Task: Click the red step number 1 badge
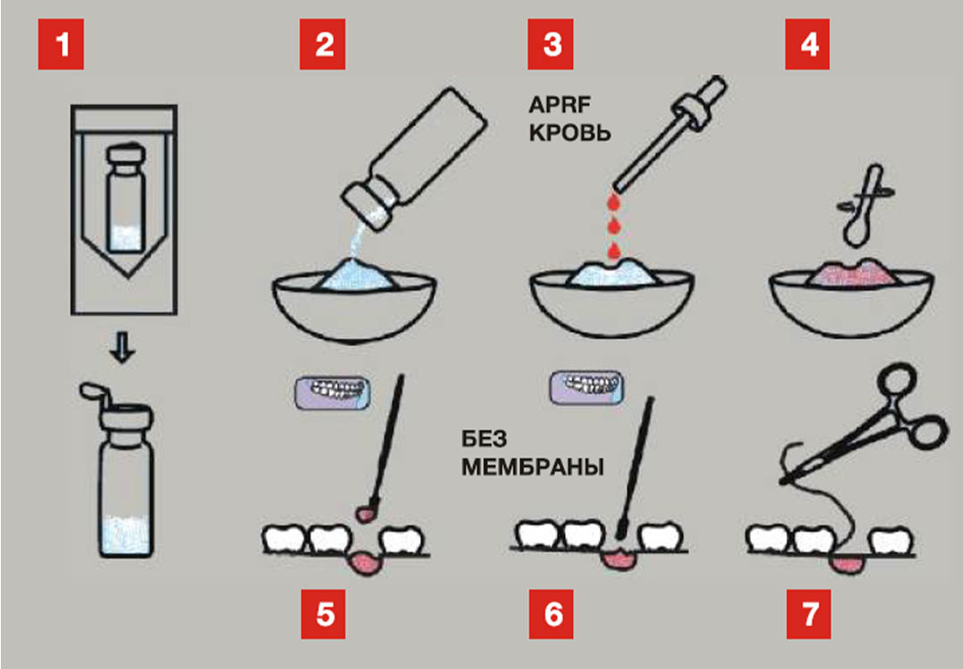coord(61,45)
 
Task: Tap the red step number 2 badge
coord(323,45)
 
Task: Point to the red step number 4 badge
coord(809,45)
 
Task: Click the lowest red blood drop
coord(613,248)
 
